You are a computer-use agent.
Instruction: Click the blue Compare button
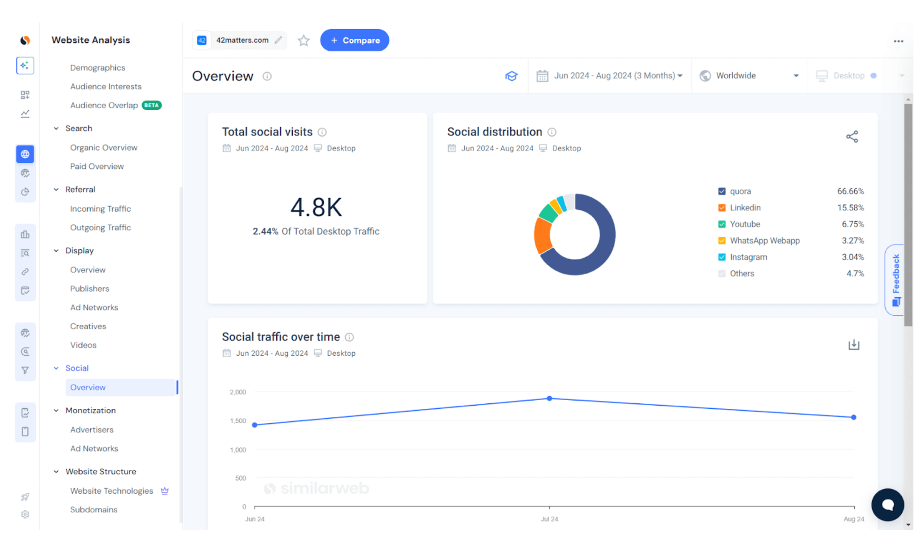pyautogui.click(x=354, y=40)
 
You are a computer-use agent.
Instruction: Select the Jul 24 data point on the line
pyautogui.click(x=549, y=399)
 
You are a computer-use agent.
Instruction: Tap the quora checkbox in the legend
pyautogui.click(x=722, y=191)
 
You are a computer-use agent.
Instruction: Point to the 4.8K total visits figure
pyautogui.click(x=316, y=207)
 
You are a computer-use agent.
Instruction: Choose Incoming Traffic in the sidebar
pyautogui.click(x=100, y=209)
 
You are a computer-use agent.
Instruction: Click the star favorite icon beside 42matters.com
pyautogui.click(x=304, y=41)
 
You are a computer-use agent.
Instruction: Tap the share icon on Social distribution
pyautogui.click(x=852, y=137)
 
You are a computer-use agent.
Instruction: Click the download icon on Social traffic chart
pyautogui.click(x=854, y=345)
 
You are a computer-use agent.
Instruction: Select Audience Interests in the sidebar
pyautogui.click(x=106, y=87)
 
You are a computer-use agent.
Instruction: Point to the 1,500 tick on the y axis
pyautogui.click(x=238, y=421)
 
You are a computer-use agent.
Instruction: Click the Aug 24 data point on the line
pyautogui.click(x=854, y=417)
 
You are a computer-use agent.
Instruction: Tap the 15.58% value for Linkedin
pyautogui.click(x=850, y=208)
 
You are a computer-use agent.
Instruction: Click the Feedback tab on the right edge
pyautogui.click(x=895, y=279)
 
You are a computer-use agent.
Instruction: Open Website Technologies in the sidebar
pyautogui.click(x=112, y=491)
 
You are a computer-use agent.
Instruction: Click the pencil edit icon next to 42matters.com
pyautogui.click(x=278, y=40)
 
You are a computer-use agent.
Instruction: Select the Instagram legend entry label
pyautogui.click(x=748, y=257)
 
